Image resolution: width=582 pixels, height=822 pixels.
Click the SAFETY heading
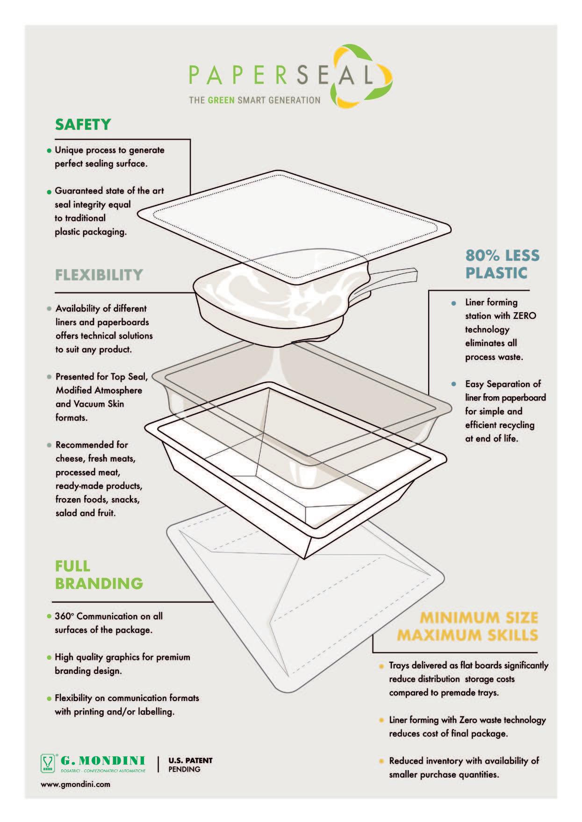coord(83,125)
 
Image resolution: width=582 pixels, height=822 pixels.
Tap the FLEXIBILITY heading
coord(99,274)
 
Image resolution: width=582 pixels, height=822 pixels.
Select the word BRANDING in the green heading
coord(99,583)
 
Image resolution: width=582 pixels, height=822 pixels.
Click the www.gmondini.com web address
coord(76,784)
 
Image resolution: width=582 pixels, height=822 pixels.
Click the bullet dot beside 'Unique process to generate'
coord(49,151)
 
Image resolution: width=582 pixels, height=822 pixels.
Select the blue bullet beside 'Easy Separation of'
coord(453,384)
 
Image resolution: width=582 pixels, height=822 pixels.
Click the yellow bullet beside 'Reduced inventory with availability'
coord(381,761)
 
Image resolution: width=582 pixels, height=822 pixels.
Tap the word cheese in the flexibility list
coord(70,458)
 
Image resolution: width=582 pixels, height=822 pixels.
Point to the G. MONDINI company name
coord(102,760)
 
